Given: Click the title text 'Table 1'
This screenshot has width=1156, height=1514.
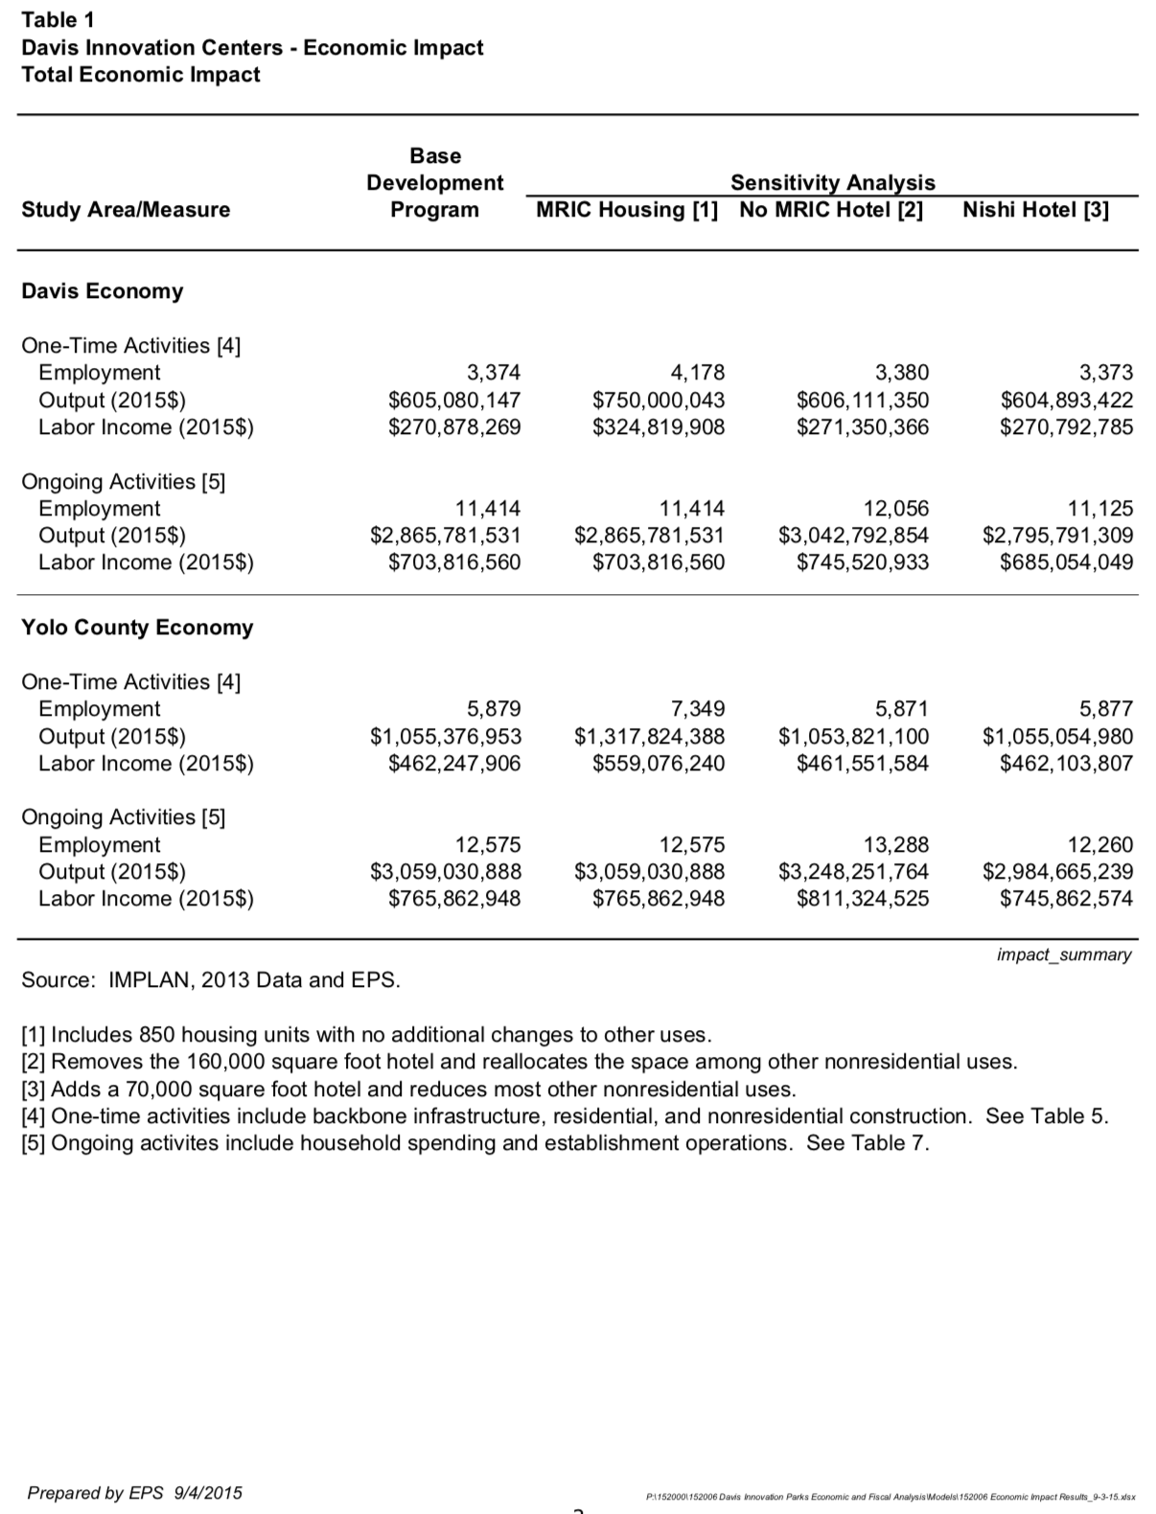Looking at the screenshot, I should coord(58,20).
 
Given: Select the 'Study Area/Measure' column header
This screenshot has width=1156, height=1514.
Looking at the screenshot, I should coord(126,210).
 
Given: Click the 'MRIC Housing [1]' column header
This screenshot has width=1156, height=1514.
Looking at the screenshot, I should coord(627,210).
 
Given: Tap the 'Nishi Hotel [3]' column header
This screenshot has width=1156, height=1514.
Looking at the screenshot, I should coord(1035,210).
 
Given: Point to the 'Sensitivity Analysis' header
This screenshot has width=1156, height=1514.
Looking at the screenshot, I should coord(832,182).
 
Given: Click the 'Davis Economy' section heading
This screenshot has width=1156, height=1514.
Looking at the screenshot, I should coord(102,291).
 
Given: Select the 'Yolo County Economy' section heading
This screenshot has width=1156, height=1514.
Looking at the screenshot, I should coord(137,628).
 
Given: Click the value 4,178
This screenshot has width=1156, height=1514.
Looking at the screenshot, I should coord(697,373).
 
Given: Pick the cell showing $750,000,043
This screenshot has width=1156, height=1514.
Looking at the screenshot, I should coord(659,400).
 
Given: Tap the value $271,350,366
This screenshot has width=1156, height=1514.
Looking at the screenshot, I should coord(863,427).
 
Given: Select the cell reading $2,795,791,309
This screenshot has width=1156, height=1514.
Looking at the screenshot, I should coord(1057,536).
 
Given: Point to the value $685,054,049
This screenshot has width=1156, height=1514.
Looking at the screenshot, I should coord(1066,562).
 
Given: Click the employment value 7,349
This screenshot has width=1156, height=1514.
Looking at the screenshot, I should coord(697,709).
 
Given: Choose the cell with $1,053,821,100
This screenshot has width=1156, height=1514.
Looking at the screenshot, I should coord(853,736).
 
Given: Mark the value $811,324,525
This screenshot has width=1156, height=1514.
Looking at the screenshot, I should coord(863,899).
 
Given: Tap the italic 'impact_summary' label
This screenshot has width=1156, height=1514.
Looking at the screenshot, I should coord(1064,954).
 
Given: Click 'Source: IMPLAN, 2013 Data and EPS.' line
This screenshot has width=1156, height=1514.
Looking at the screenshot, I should coord(211,980).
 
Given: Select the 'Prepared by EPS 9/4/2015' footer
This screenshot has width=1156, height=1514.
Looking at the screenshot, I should coord(134,1492).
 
